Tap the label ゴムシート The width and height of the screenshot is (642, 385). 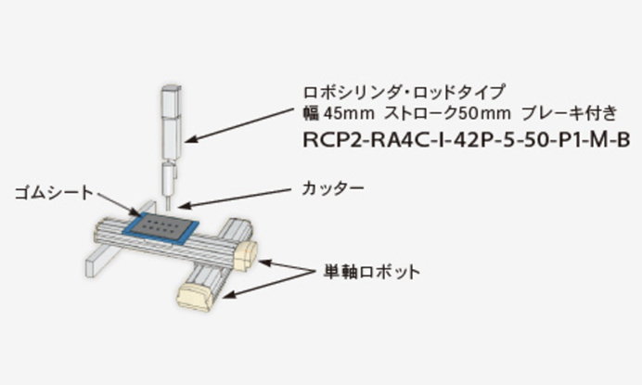pyautogui.click(x=54, y=193)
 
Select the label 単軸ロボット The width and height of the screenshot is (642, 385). pyautogui.click(x=371, y=272)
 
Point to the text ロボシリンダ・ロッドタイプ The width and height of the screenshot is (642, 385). pyautogui.click(x=404, y=91)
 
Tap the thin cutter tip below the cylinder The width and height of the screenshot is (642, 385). pyautogui.click(x=167, y=198)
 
